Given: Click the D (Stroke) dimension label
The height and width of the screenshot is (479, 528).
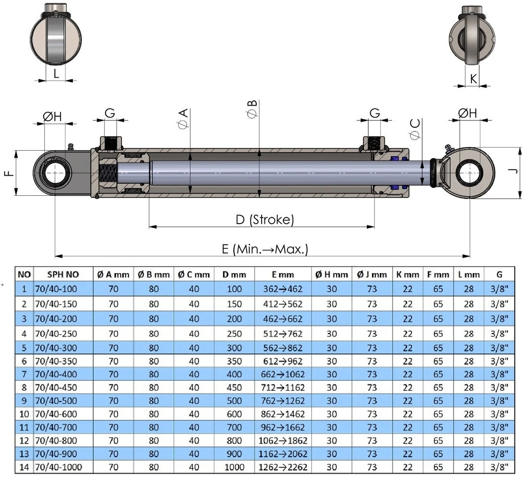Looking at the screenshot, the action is pos(264,220).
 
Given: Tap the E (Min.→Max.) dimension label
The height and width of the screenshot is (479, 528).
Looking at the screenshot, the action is pos(264,250).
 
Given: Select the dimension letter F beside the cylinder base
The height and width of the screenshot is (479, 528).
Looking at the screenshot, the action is pos(9,173).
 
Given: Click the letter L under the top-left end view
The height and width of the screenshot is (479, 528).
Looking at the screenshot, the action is pos(56,73).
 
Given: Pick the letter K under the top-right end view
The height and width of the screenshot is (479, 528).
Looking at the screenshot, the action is pos(473,79).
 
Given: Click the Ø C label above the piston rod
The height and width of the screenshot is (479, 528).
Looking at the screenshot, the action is pos(415,129).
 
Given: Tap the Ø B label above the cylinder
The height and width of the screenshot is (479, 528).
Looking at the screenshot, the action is pos(252,109).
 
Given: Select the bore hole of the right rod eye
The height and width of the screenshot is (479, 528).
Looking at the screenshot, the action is pos(469,173).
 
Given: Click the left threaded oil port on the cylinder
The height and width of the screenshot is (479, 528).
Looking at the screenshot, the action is pos(110,144).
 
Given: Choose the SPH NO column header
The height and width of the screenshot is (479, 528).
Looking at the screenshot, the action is pos(63,275).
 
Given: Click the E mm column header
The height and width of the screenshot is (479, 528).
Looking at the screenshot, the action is pos(283,275).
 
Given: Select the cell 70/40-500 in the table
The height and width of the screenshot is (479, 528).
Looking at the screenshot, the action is pos(56,401).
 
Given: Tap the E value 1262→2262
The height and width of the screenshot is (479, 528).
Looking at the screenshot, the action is pos(283,467).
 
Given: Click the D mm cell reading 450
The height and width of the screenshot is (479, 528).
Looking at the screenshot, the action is pos(234,388).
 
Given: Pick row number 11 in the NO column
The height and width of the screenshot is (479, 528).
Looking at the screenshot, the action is pos(24,428).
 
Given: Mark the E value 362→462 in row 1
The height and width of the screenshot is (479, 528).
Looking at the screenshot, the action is pos(283,289).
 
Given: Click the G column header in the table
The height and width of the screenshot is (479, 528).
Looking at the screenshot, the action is pos(499,275).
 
